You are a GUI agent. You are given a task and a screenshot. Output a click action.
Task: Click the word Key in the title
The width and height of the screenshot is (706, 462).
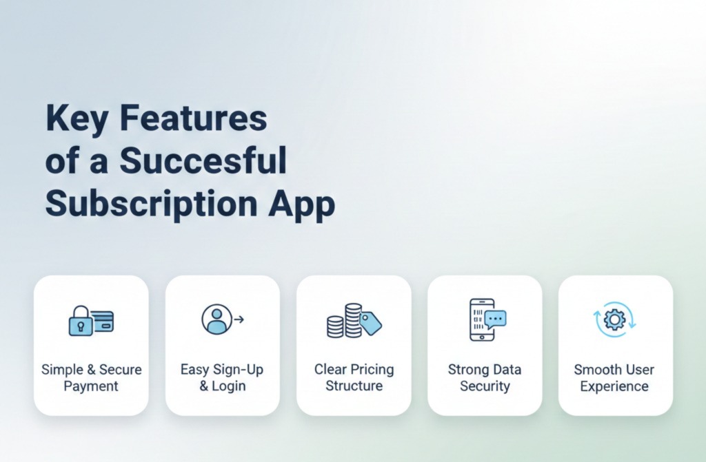click(76, 119)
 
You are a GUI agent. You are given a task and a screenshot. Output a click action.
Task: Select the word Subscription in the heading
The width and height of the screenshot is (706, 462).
click(153, 204)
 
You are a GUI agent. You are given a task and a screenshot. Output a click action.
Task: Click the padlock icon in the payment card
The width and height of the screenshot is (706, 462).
click(80, 321)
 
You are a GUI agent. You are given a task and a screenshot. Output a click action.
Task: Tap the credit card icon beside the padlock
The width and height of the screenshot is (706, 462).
click(103, 321)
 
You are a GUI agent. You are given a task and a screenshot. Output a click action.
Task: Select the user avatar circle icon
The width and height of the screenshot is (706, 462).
click(216, 319)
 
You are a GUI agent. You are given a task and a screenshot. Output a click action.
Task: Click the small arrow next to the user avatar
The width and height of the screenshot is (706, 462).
click(239, 319)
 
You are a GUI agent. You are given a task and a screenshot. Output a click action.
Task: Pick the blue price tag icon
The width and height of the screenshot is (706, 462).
click(370, 322)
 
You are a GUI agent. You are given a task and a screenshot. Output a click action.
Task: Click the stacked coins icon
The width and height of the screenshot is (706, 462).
click(345, 321)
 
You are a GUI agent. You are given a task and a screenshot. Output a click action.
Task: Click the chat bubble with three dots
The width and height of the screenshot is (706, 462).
click(495, 318)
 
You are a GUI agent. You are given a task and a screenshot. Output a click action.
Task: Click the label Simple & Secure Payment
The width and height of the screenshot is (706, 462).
click(91, 377)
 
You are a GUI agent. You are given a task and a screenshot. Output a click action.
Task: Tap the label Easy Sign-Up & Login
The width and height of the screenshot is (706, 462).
click(222, 377)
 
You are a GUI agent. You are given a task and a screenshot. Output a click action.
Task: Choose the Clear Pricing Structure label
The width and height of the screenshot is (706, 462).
click(354, 377)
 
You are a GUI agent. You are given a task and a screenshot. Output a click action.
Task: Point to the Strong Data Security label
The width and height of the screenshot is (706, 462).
click(485, 377)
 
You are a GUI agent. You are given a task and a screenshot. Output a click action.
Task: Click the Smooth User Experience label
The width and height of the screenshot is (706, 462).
click(614, 377)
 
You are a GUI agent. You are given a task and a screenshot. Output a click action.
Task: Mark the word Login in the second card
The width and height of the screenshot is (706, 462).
click(229, 386)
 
